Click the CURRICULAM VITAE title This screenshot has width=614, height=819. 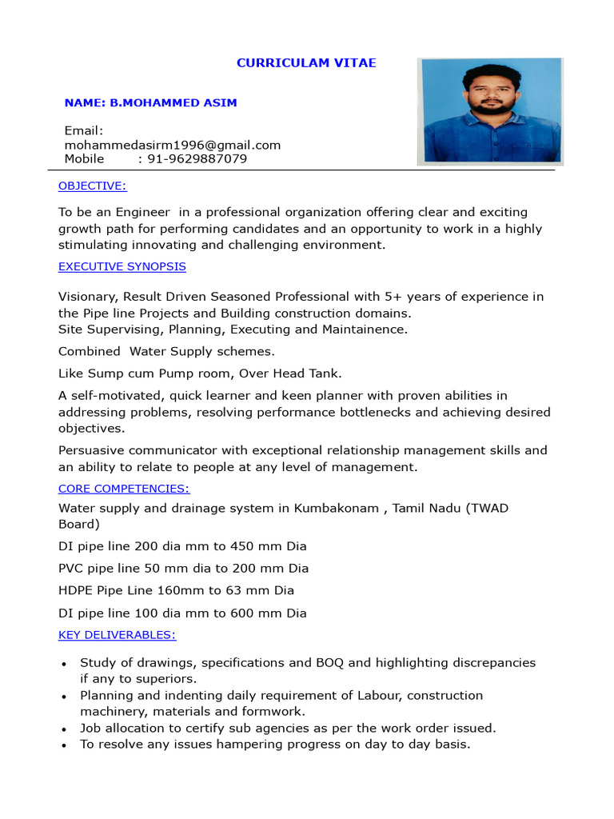(x=306, y=63)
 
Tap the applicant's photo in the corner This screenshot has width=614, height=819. (x=490, y=110)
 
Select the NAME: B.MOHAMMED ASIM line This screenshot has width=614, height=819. (x=150, y=103)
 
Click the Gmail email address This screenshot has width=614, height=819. (x=173, y=145)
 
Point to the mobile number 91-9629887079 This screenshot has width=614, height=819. (x=197, y=159)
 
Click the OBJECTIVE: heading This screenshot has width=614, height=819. (x=93, y=186)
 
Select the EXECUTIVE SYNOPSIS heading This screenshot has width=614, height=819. (x=122, y=266)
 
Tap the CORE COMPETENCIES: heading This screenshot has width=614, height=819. (x=124, y=489)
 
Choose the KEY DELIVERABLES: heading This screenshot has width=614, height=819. (x=118, y=635)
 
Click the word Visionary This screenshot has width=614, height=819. (x=87, y=297)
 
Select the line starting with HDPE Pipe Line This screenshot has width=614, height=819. (x=176, y=591)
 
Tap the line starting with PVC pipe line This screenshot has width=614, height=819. (x=183, y=569)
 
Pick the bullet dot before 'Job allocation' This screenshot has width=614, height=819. (x=64, y=729)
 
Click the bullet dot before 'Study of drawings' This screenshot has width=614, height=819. (x=64, y=664)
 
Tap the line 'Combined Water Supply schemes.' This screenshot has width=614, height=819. (x=166, y=351)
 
